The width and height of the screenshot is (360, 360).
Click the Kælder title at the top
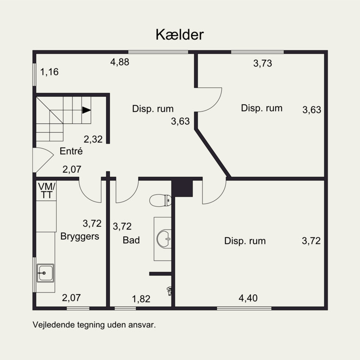(180, 35)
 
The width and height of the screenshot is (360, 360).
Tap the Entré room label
(71, 151)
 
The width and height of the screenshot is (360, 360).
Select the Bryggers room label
(80, 236)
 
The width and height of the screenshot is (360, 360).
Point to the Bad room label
(131, 240)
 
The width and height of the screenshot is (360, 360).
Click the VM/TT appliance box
(47, 190)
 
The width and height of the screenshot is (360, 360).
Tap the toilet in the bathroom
(161, 200)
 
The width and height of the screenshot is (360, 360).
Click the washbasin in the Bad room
(164, 239)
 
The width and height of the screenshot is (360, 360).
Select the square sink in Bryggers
(45, 273)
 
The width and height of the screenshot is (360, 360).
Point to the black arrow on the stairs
(86, 110)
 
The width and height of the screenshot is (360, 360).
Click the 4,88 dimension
(120, 62)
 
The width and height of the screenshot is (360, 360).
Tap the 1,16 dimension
(49, 72)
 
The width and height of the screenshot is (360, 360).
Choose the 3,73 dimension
(263, 63)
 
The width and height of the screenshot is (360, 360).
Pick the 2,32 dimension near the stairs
(93, 139)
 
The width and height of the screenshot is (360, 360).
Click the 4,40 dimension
(248, 298)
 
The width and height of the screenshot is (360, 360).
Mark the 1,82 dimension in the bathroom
(141, 299)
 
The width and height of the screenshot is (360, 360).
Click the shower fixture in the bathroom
(169, 291)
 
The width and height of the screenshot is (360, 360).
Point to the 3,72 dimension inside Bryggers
(92, 223)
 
